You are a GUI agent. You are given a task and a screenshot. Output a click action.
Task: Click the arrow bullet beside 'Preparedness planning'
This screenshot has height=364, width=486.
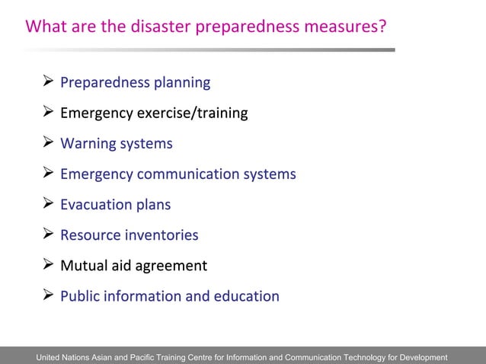tap(47, 81)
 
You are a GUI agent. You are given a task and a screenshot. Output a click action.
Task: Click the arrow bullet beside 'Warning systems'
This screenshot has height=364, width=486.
tap(47, 142)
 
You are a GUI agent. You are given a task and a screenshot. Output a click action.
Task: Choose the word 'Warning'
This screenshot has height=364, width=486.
tap(88, 143)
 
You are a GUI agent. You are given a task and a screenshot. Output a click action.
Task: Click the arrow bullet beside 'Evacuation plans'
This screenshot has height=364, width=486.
tap(47, 203)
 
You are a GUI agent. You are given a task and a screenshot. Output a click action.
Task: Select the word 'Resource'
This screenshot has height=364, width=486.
tap(90, 235)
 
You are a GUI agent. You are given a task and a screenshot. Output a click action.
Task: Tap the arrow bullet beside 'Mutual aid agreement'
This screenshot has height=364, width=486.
tap(47, 264)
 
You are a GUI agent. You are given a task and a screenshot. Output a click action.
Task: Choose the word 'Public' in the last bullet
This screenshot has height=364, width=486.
tap(80, 295)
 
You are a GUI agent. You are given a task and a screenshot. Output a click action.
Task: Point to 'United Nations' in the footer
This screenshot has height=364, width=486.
tap(66, 357)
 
